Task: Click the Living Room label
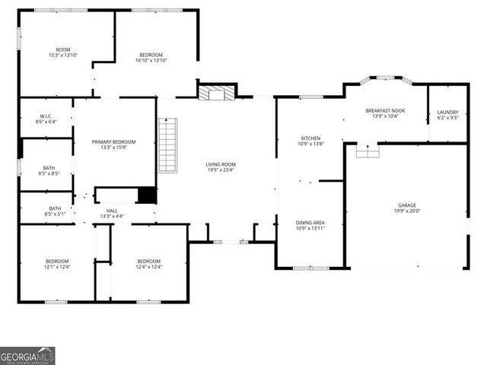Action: click(x=221, y=167)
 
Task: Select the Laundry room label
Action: click(x=447, y=114)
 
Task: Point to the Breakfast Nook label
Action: click(x=385, y=113)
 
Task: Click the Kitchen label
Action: click(x=310, y=141)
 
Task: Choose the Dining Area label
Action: click(x=310, y=225)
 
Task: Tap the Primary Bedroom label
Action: click(x=113, y=144)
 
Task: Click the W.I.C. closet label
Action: click(x=46, y=119)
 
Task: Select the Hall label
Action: click(x=112, y=213)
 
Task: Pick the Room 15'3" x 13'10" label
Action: click(x=64, y=52)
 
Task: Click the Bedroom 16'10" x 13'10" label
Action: click(x=151, y=57)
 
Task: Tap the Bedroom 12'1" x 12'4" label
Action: click(x=56, y=264)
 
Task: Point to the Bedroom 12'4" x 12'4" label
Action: click(x=148, y=264)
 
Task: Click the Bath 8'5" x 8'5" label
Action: click(x=49, y=170)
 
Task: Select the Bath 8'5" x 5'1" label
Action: click(x=55, y=211)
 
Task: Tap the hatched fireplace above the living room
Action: click(x=215, y=93)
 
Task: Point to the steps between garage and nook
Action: click(x=368, y=151)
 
